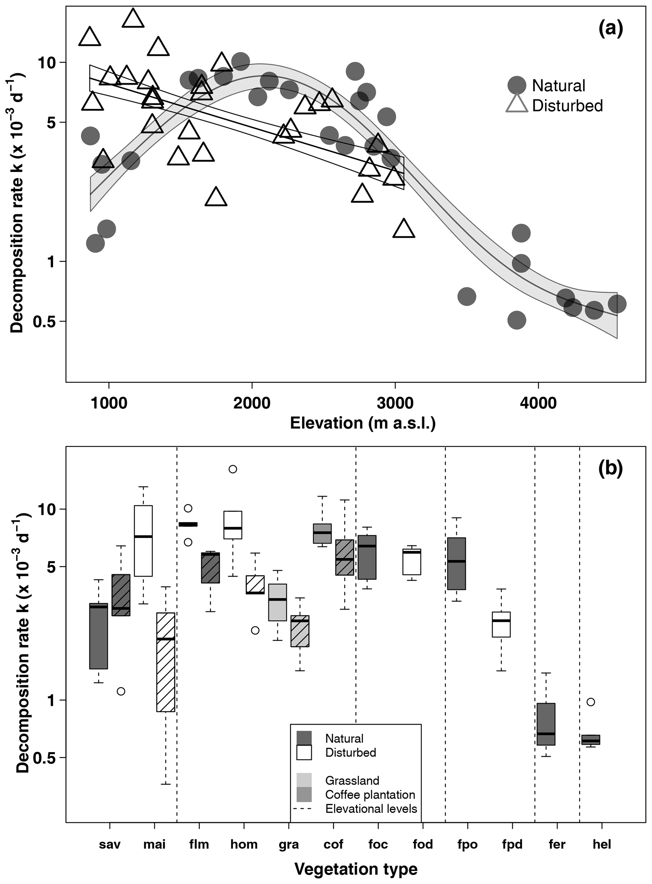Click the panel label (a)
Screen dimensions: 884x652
point(610,30)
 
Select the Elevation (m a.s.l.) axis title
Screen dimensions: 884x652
point(363,423)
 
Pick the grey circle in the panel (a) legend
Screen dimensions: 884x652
point(517,85)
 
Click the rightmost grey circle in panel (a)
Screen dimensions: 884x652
point(617,304)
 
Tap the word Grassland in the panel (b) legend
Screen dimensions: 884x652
point(352,780)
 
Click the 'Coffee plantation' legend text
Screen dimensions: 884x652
point(370,794)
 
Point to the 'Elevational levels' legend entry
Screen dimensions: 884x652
point(371,809)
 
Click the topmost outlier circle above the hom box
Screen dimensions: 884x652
point(233,469)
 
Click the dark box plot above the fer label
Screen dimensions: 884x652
point(546,724)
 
